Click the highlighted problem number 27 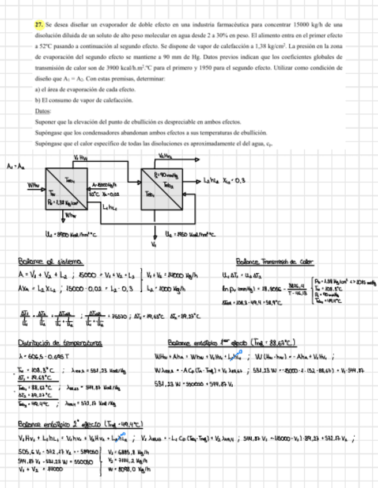(39, 25)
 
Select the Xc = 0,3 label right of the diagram (234, 180)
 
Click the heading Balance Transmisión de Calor (275, 262)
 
